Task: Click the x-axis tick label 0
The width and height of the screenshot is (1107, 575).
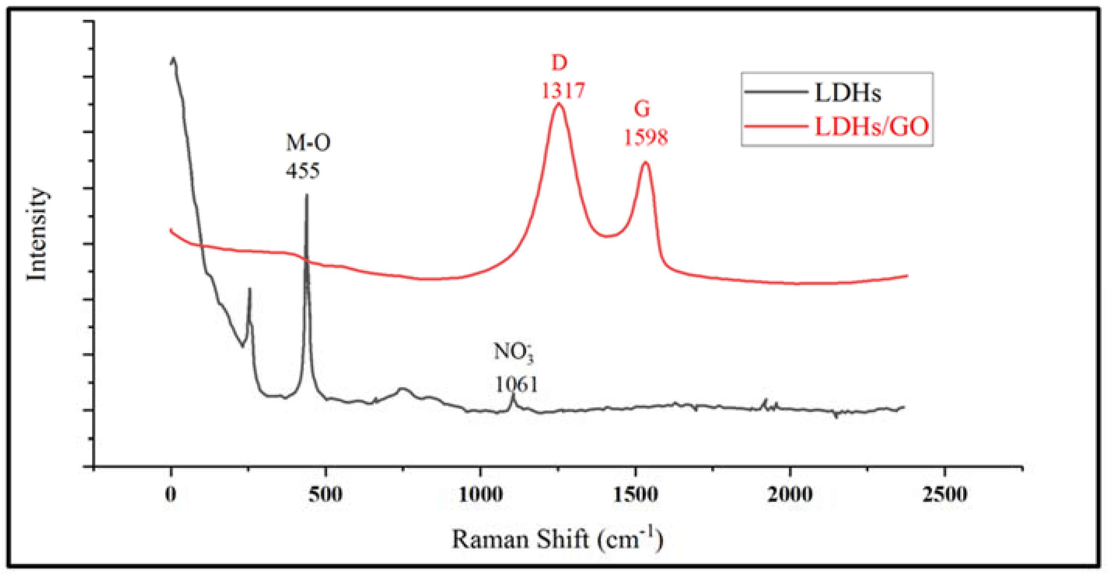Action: (171, 495)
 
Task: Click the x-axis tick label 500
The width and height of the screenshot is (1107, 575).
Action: (326, 495)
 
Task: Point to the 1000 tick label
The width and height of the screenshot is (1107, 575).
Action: (481, 495)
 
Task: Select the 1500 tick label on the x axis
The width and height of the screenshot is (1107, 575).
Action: (635, 495)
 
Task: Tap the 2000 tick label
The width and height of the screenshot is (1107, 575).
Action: (790, 495)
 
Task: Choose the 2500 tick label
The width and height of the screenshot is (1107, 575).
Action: (945, 495)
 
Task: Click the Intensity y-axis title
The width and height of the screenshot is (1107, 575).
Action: (37, 234)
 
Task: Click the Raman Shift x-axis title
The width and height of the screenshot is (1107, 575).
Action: (557, 539)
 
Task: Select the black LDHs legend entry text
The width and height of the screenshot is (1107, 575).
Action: (847, 93)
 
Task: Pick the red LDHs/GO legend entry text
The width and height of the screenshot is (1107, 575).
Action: (871, 127)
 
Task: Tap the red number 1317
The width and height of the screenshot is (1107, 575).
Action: (563, 91)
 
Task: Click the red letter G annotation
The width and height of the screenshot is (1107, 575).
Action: (642, 109)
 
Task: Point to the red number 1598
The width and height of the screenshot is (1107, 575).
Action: (645, 138)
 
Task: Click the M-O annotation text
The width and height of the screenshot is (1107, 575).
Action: (308, 143)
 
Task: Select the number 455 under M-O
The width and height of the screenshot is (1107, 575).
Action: (303, 171)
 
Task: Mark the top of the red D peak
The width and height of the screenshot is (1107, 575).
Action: (559, 103)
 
